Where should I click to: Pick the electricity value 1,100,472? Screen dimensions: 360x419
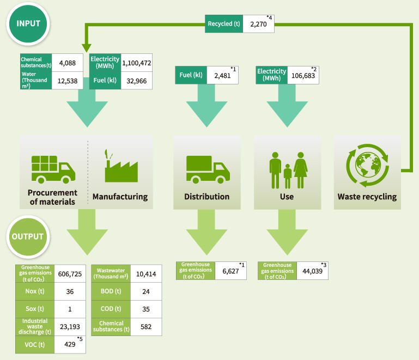(x=136, y=63)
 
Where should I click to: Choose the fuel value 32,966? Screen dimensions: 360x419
(x=136, y=80)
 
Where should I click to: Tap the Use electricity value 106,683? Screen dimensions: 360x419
(x=300, y=75)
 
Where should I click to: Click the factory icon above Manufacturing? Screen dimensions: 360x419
(x=119, y=165)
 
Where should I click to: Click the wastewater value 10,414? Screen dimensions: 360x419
(x=146, y=274)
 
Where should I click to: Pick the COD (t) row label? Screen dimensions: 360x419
(x=112, y=309)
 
